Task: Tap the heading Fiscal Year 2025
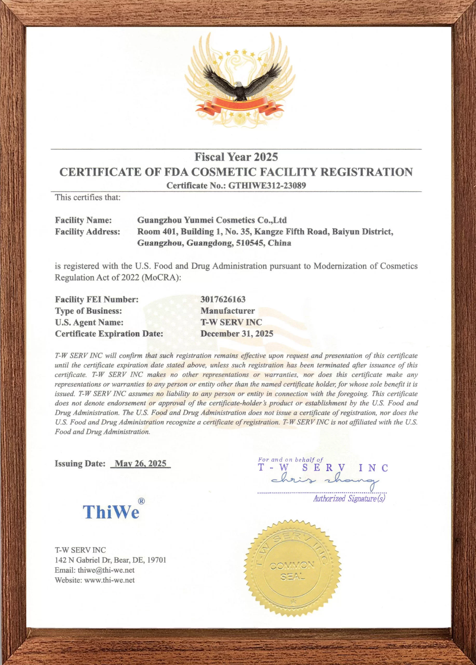coord(236,157)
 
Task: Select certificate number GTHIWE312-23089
coord(267,185)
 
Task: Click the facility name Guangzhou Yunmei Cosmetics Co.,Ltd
coord(212,220)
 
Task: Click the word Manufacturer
coord(227,311)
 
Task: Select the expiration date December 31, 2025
coord(237,334)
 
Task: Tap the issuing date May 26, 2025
coord(140,464)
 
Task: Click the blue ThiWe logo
coord(111,512)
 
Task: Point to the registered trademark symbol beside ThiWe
coord(141,501)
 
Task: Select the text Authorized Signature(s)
coord(349,499)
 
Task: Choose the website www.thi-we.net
coord(109,580)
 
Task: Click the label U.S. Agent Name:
coord(89,322)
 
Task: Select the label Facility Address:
coord(87,232)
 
